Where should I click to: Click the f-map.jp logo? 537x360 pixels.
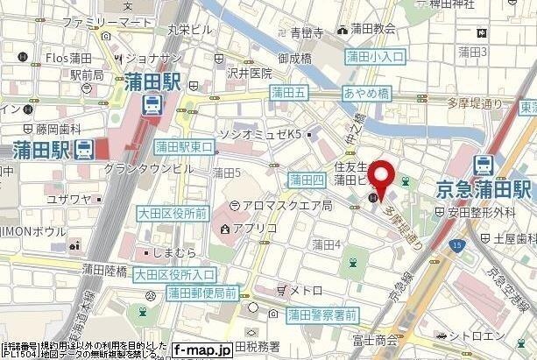202,349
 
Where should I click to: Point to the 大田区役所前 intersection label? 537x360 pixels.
171,211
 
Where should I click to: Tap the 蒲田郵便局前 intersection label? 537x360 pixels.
201,291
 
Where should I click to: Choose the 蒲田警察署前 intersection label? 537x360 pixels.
322,314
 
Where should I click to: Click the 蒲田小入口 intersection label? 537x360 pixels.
375,57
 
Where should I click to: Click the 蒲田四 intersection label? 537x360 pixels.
307,180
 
